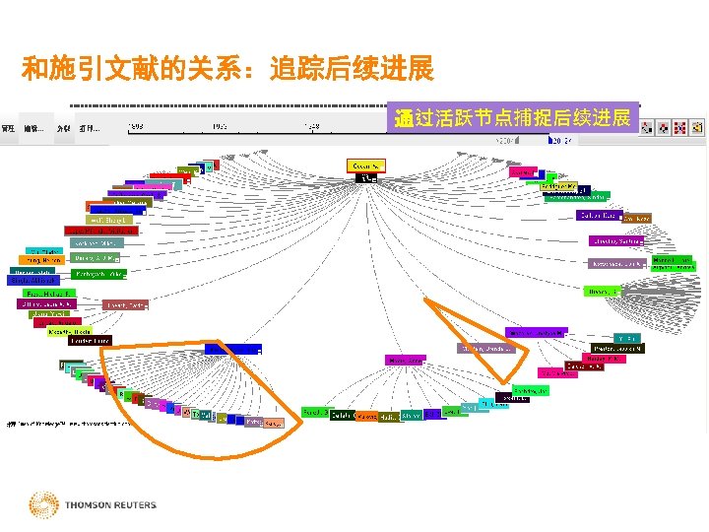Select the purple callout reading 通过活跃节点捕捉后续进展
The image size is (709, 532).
click(x=513, y=119)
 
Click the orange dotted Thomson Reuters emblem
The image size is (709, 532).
click(x=43, y=505)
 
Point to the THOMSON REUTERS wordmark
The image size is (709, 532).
click(x=110, y=505)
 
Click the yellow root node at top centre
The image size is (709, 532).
click(x=365, y=166)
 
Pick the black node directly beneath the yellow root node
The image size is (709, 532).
click(x=366, y=178)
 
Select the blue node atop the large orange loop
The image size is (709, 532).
click(x=233, y=349)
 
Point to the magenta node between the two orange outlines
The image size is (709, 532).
click(x=405, y=361)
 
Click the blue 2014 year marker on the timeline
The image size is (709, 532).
click(x=561, y=141)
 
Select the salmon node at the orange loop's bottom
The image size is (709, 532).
click(x=273, y=424)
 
